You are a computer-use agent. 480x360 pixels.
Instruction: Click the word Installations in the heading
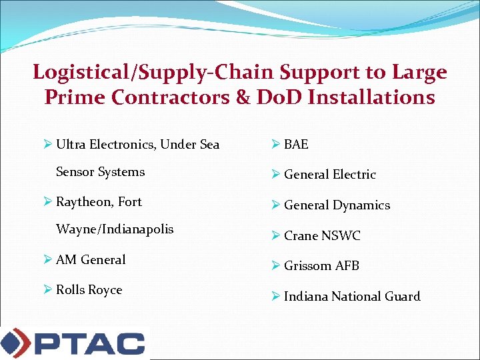click(372, 97)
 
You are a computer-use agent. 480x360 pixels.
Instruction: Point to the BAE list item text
click(296, 144)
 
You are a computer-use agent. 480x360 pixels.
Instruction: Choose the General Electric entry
click(329, 175)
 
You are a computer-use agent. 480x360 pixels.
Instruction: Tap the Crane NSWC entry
click(322, 235)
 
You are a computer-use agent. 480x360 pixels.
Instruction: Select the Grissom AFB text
click(321, 265)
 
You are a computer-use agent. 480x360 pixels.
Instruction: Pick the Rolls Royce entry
click(89, 290)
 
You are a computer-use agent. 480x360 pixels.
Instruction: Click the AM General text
click(91, 259)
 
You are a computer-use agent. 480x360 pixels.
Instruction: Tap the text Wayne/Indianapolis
click(115, 229)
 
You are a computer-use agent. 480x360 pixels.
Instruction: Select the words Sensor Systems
click(100, 172)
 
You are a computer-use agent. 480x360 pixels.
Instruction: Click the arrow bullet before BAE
click(276, 144)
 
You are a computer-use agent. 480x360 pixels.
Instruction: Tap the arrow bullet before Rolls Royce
click(48, 290)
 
